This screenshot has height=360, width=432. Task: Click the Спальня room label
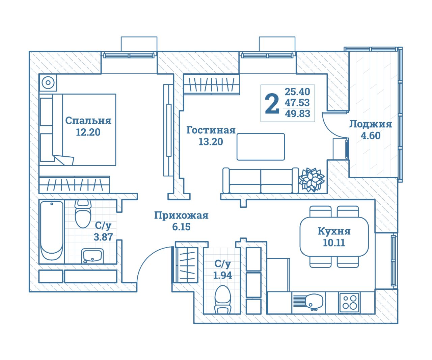(88, 121)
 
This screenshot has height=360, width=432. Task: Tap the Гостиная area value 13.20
(211, 142)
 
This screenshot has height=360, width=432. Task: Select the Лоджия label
(370, 124)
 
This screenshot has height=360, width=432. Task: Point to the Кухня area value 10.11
(334, 243)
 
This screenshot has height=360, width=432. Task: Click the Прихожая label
(181, 215)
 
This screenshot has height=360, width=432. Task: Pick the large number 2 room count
(272, 104)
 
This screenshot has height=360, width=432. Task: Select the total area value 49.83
(297, 114)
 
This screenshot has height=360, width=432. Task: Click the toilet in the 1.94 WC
(222, 299)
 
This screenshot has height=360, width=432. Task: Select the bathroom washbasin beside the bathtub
(92, 256)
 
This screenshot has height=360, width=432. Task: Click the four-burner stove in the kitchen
(349, 302)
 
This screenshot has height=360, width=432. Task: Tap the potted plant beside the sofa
(312, 180)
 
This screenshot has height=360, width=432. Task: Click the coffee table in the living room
(261, 147)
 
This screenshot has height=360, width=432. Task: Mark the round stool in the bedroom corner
(48, 83)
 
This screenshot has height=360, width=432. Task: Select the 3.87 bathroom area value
(103, 237)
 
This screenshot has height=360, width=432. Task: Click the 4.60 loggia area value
(371, 136)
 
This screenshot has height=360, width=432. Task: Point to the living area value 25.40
(297, 92)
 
